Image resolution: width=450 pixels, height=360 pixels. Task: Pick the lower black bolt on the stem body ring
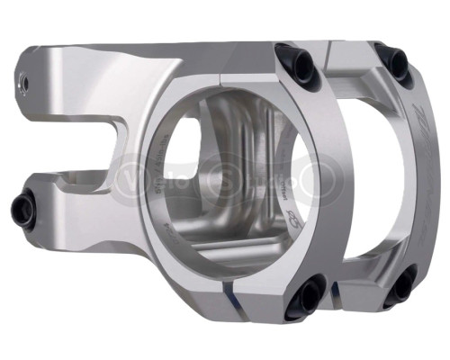308,292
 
